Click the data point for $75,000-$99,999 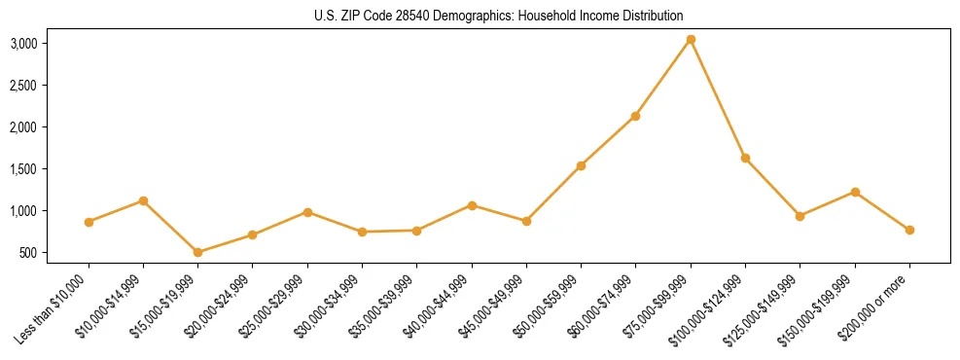click(x=691, y=39)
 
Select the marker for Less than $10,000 click(x=89, y=222)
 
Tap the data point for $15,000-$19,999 click(x=198, y=252)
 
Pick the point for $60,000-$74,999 click(x=635, y=116)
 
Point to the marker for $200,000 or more click(x=909, y=230)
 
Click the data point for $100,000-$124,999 click(x=745, y=158)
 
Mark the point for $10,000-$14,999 click(x=143, y=200)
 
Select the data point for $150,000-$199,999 click(x=855, y=192)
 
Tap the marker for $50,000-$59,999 click(x=581, y=165)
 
